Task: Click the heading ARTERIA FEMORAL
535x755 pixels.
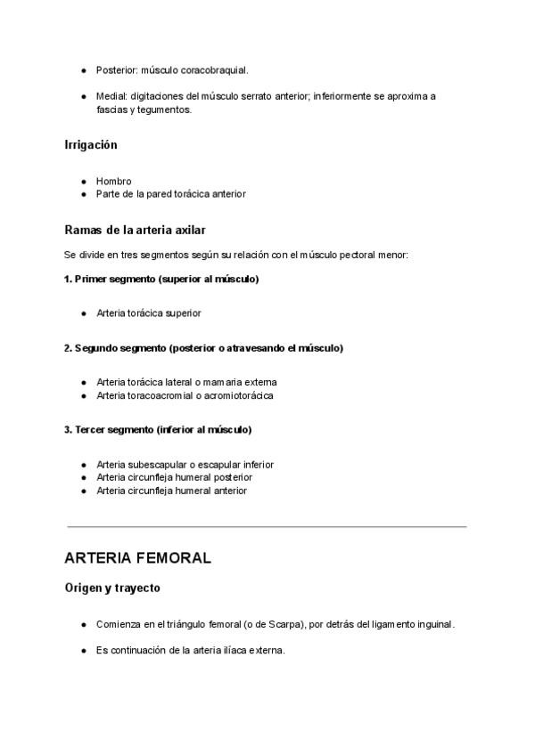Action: coord(137,558)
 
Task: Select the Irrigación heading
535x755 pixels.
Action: coord(91,144)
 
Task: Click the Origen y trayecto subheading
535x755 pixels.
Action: coord(112,589)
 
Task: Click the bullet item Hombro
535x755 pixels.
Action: coord(114,181)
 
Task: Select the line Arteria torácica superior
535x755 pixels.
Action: coord(149,313)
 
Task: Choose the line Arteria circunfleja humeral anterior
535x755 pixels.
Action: coord(172,491)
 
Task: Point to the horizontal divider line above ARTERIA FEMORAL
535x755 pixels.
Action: coord(266,526)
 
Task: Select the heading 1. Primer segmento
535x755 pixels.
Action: coord(161,280)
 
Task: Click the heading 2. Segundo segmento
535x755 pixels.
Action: coord(203,348)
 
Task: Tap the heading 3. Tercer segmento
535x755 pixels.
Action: coord(158,430)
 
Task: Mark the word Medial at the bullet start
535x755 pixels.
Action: coord(111,96)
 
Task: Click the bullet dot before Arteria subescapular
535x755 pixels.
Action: coord(83,465)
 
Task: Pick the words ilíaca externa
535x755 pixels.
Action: coord(255,651)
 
